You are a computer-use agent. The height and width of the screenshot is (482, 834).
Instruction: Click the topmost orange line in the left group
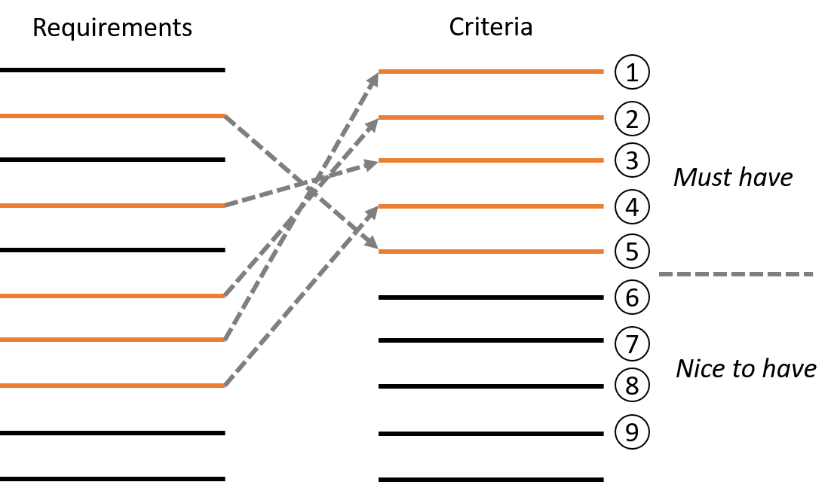[x=112, y=116]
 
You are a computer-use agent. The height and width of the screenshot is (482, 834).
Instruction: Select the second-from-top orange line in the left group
[x=112, y=205]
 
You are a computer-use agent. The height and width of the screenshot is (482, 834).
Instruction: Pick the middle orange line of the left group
[x=112, y=296]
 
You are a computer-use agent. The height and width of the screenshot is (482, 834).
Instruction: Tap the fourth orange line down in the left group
[x=112, y=340]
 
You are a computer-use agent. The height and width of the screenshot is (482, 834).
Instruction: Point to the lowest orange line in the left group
[x=112, y=386]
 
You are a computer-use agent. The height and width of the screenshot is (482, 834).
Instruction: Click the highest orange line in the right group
[x=491, y=72]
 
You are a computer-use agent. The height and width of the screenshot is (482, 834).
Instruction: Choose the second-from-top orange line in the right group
[x=491, y=117]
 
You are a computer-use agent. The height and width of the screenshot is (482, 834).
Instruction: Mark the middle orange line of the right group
[x=491, y=160]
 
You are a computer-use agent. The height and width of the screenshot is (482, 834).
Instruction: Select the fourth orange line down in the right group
[x=491, y=206]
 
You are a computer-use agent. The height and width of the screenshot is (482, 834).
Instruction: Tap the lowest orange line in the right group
[x=491, y=252]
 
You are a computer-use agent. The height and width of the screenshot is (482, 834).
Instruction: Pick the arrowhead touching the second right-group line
[x=373, y=123]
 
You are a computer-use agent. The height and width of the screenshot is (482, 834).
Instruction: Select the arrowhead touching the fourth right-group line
[x=373, y=212]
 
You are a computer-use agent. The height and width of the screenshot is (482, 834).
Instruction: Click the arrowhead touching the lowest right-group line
[x=371, y=244]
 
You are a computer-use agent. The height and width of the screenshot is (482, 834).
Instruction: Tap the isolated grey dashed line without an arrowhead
[x=736, y=274]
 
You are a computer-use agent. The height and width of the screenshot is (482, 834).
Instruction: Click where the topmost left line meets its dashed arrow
[x=225, y=116]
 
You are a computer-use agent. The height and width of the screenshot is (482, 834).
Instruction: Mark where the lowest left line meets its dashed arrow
[x=225, y=386]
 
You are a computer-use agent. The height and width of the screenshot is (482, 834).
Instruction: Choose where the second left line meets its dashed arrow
[x=225, y=205]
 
